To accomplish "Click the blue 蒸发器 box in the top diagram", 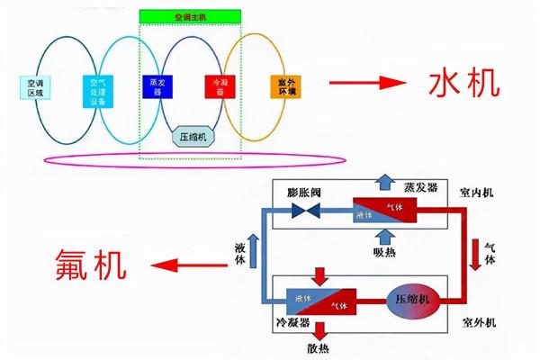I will (155, 86).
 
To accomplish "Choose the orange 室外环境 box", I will (282, 87).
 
